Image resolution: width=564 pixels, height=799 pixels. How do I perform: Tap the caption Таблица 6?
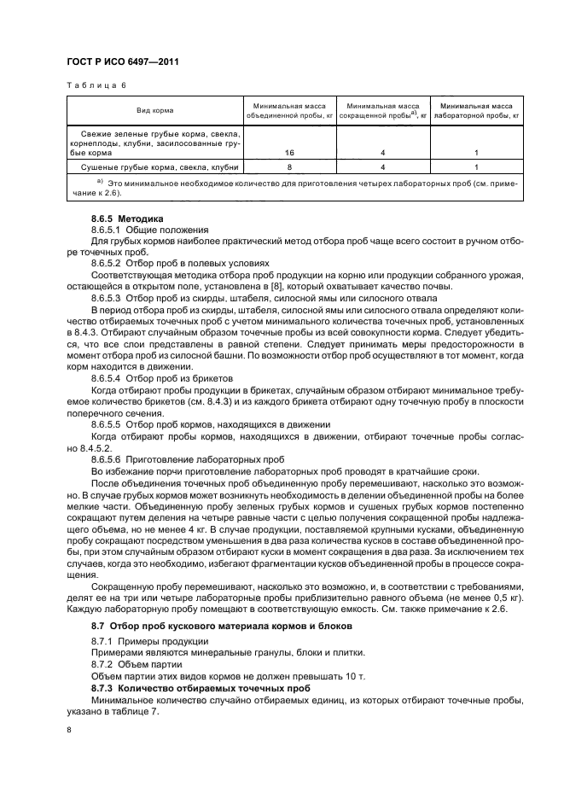pyautogui.click(x=96, y=85)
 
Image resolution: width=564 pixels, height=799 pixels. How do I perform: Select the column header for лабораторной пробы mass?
pyautogui.click(x=474, y=111)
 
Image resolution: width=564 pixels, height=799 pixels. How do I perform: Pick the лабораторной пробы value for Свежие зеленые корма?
pyautogui.click(x=474, y=152)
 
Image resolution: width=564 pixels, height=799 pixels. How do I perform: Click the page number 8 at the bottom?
pyautogui.click(x=68, y=731)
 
